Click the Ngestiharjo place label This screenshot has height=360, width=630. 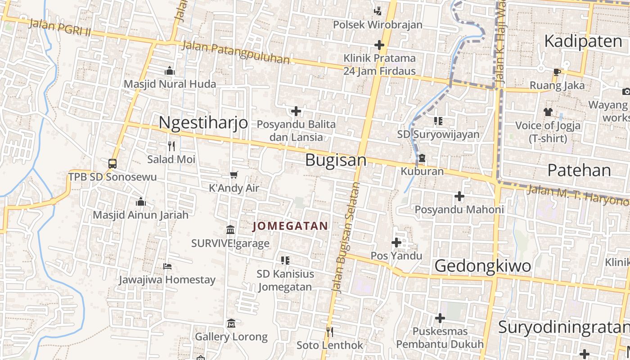(x=203, y=122)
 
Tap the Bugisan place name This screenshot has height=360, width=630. (x=336, y=160)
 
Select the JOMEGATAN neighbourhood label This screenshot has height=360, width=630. (x=290, y=226)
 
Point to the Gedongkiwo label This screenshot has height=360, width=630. (x=483, y=266)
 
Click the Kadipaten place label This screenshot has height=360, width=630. (x=583, y=41)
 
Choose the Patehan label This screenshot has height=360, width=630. (x=579, y=170)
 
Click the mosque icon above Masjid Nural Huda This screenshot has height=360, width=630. (x=170, y=71)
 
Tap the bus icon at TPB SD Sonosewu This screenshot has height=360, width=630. (x=112, y=164)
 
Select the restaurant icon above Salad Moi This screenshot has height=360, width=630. (x=171, y=146)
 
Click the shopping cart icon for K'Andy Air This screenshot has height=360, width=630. (x=234, y=175)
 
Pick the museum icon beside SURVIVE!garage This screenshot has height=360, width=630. (x=230, y=230)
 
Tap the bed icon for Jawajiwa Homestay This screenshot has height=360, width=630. (x=167, y=266)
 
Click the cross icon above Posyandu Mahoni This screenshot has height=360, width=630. (x=459, y=196)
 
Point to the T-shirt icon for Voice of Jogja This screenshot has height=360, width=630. (x=548, y=112)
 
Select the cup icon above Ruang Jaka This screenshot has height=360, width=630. (x=557, y=72)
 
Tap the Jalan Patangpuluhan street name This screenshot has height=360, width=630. (x=236, y=52)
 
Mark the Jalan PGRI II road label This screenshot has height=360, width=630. (x=60, y=27)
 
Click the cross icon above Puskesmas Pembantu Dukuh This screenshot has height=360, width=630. (x=440, y=318)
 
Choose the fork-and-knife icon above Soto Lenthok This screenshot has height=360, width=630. (x=330, y=332)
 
